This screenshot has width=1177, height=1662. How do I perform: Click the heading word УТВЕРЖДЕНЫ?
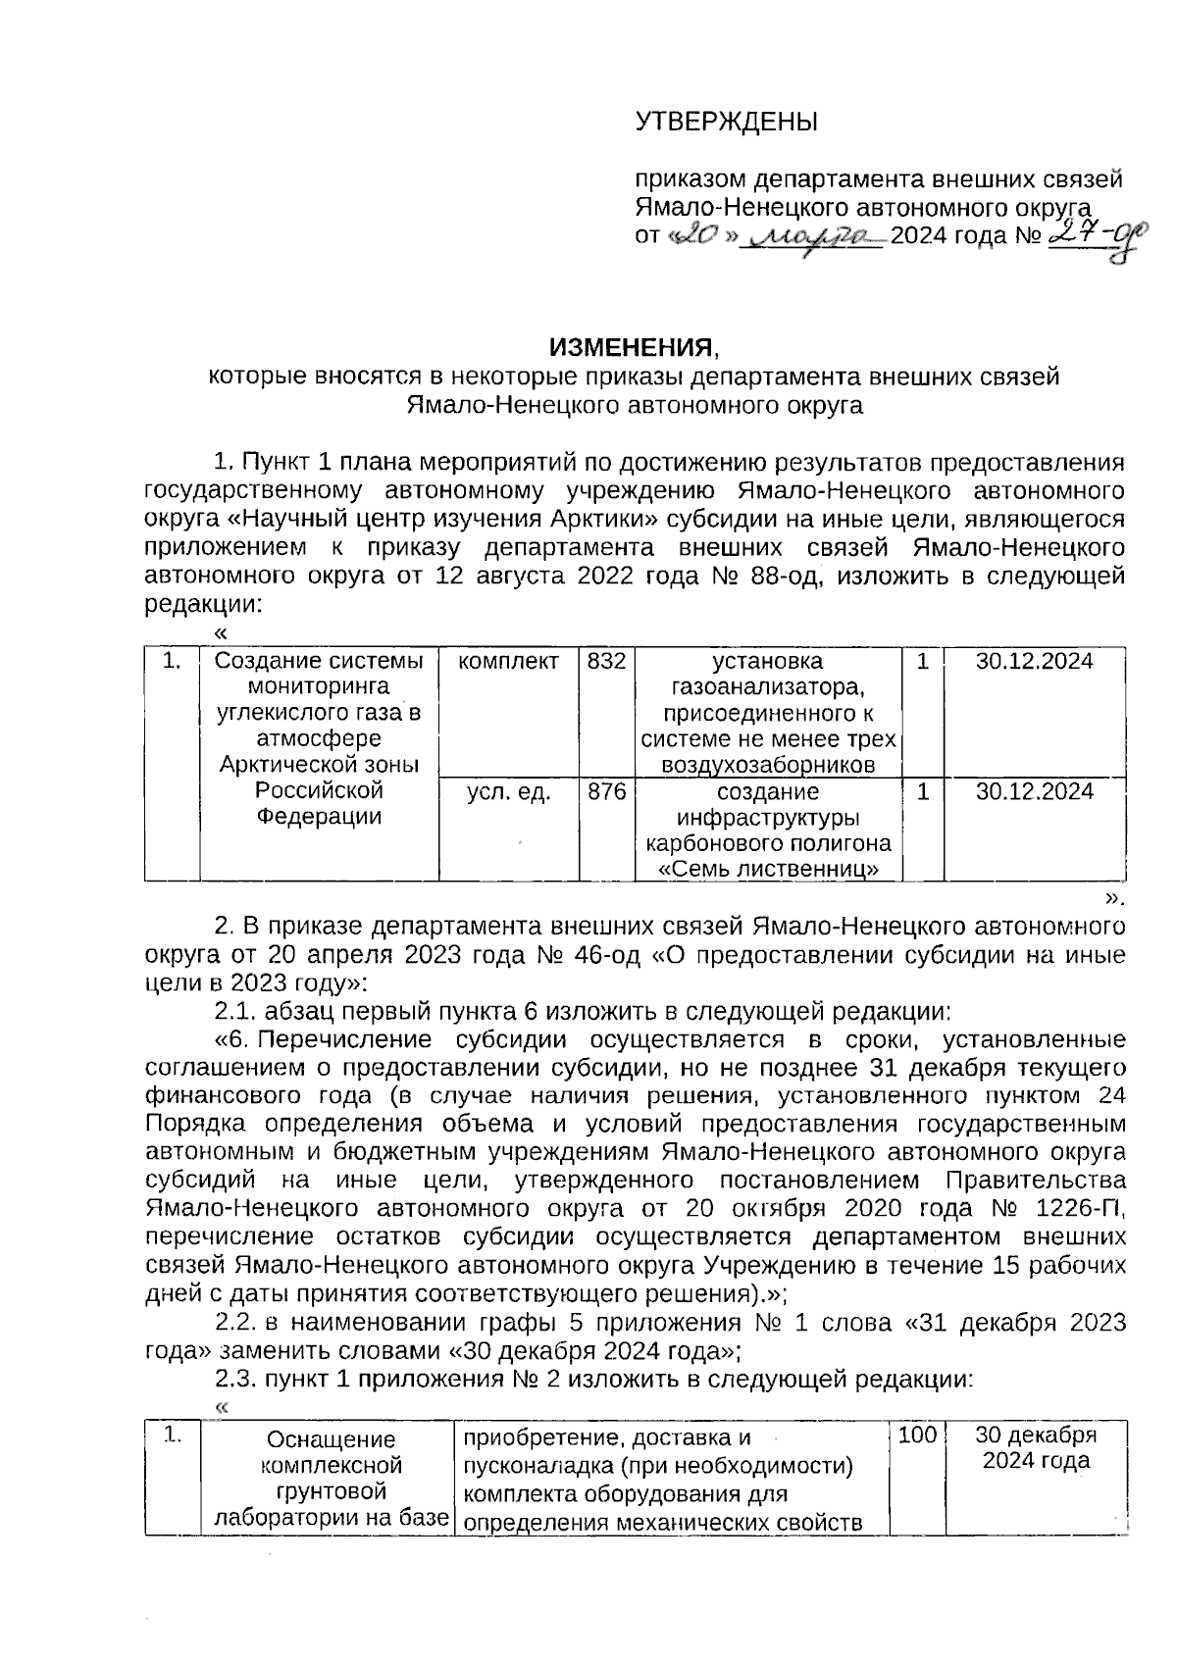click(726, 123)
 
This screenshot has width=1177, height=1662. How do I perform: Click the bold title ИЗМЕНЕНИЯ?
click(632, 348)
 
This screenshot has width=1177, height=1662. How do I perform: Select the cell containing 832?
click(606, 662)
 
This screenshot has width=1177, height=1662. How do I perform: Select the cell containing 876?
click(606, 792)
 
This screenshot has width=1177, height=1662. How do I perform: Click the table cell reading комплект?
click(508, 662)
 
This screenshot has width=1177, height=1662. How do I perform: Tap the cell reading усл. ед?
click(508, 792)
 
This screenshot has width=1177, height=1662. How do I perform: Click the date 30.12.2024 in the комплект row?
click(1034, 662)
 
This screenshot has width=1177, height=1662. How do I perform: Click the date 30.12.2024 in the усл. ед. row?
click(1034, 792)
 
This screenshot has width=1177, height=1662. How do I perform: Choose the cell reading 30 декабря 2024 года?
click(1036, 1448)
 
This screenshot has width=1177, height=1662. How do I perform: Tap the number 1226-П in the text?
click(1073, 1208)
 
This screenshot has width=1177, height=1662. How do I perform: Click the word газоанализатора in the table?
click(768, 687)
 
